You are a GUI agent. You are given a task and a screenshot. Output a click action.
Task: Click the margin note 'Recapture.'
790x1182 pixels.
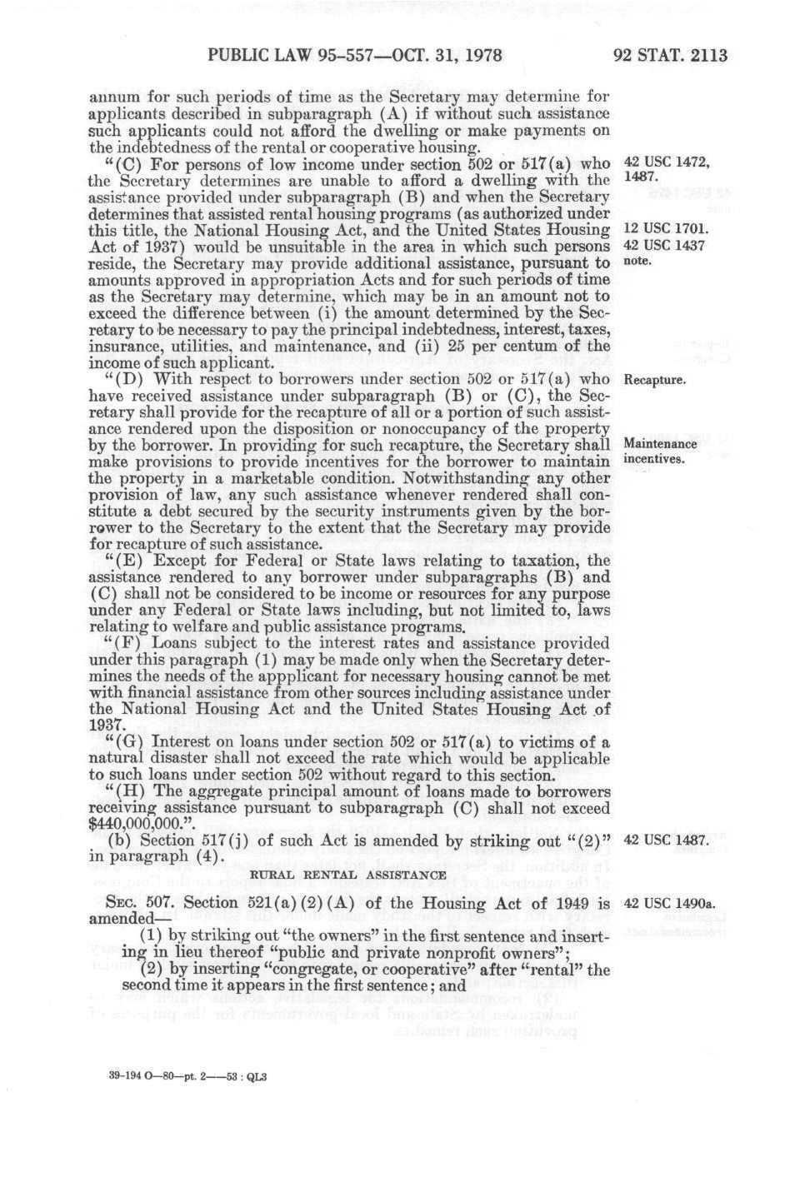click(x=654, y=381)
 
